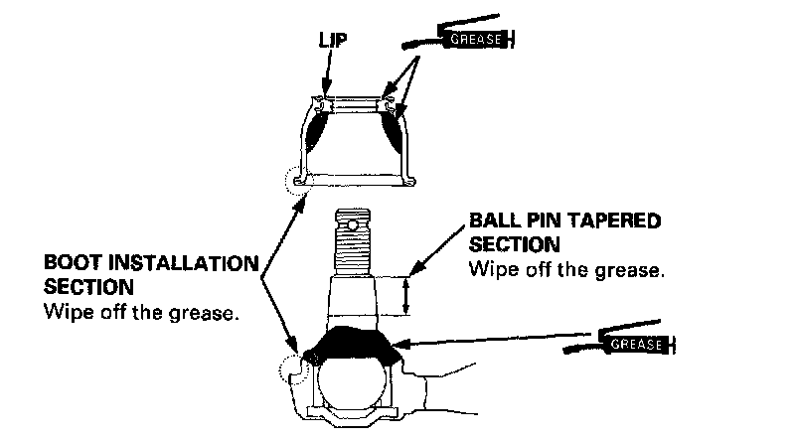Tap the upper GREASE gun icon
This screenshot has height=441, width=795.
466,41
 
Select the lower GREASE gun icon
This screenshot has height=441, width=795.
632,344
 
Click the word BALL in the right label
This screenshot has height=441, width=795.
493,221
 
